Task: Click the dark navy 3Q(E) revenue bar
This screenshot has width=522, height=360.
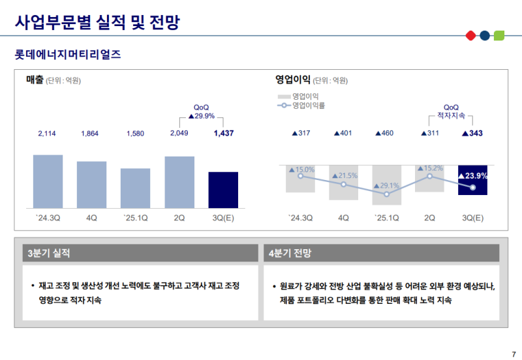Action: click(223, 190)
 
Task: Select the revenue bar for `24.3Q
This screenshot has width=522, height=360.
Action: click(48, 181)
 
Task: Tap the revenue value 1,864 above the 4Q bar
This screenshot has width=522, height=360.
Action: click(89, 134)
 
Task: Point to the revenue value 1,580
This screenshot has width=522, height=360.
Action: click(135, 134)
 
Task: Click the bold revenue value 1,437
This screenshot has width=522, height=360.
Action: click(223, 133)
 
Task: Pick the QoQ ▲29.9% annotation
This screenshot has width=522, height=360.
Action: click(202, 115)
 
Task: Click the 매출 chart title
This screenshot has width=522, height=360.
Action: click(35, 80)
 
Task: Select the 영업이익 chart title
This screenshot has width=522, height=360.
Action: click(293, 80)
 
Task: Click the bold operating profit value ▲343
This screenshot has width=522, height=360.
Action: click(472, 134)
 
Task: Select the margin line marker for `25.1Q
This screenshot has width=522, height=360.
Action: click(386, 194)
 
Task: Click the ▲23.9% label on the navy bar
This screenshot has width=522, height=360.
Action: click(472, 175)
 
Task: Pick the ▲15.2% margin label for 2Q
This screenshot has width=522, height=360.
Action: click(429, 168)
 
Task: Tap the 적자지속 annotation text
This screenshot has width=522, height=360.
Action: click(451, 115)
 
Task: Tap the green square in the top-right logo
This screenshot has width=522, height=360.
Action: click(499, 35)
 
